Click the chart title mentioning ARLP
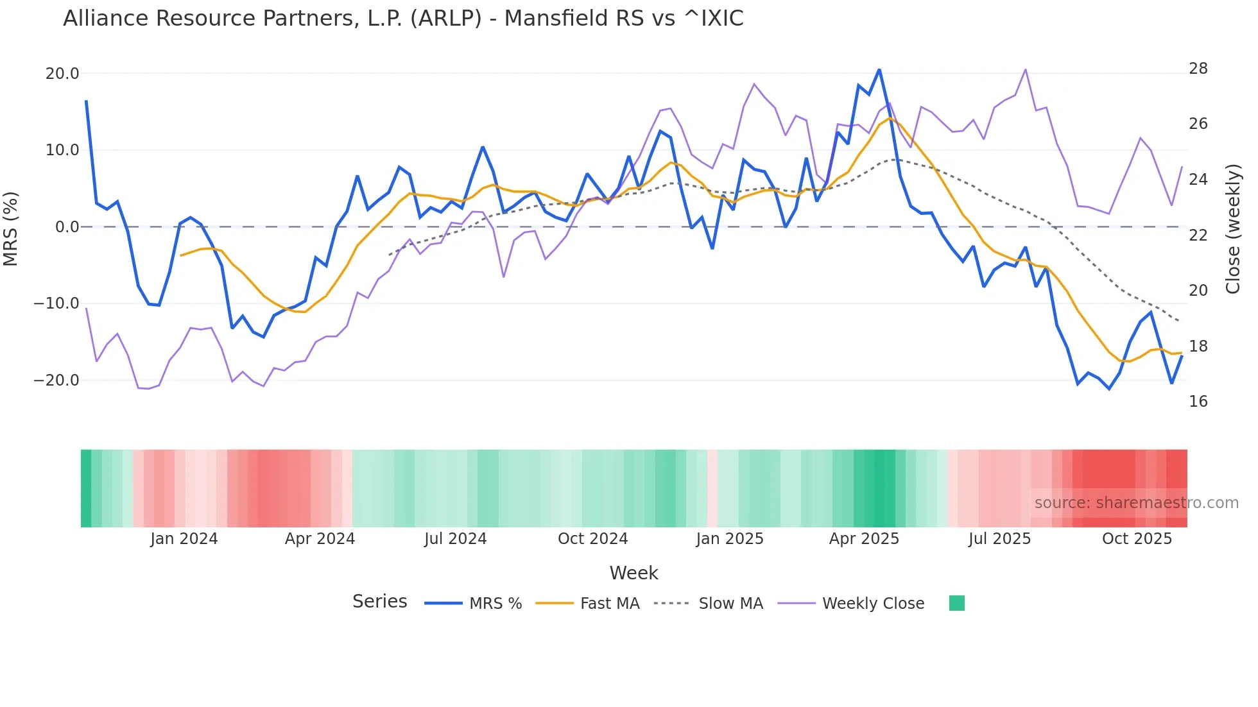[x=403, y=19]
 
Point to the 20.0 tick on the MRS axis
[x=62, y=74]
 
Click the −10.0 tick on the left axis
[x=56, y=303]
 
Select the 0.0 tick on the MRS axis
[x=67, y=227]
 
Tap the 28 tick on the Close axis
[x=1198, y=69]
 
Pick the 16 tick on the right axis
[x=1198, y=402]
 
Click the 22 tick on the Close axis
[x=1198, y=235]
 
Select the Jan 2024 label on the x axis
[x=184, y=539]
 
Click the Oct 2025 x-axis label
[x=1137, y=539]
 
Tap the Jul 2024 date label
[x=455, y=539]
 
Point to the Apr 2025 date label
[x=864, y=539]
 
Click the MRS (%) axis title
[x=11, y=228]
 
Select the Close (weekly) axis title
[x=1233, y=229]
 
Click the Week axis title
[x=633, y=573]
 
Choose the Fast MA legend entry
[x=609, y=604]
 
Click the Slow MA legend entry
[x=730, y=604]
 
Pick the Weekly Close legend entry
[x=873, y=604]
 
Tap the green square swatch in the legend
[x=956, y=603]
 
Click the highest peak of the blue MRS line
[x=879, y=69]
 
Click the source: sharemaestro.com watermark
[x=1136, y=503]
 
